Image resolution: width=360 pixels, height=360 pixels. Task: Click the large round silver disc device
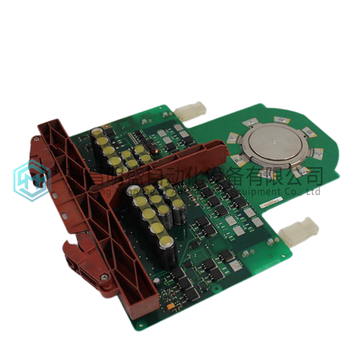pyautogui.click(x=273, y=145)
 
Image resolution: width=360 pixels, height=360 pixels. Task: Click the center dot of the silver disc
pyautogui.click(x=273, y=145)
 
